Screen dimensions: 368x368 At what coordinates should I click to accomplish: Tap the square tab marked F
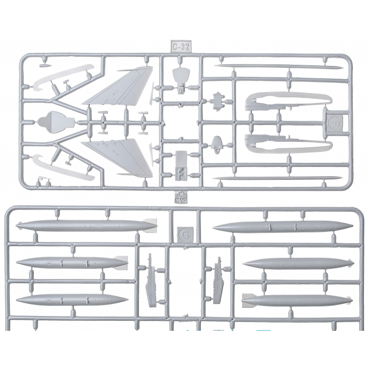[335, 120]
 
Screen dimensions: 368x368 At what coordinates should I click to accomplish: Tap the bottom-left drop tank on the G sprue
[72, 300]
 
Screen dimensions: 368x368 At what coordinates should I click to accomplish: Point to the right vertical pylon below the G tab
[217, 282]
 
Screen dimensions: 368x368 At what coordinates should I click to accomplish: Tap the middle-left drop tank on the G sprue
[72, 262]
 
